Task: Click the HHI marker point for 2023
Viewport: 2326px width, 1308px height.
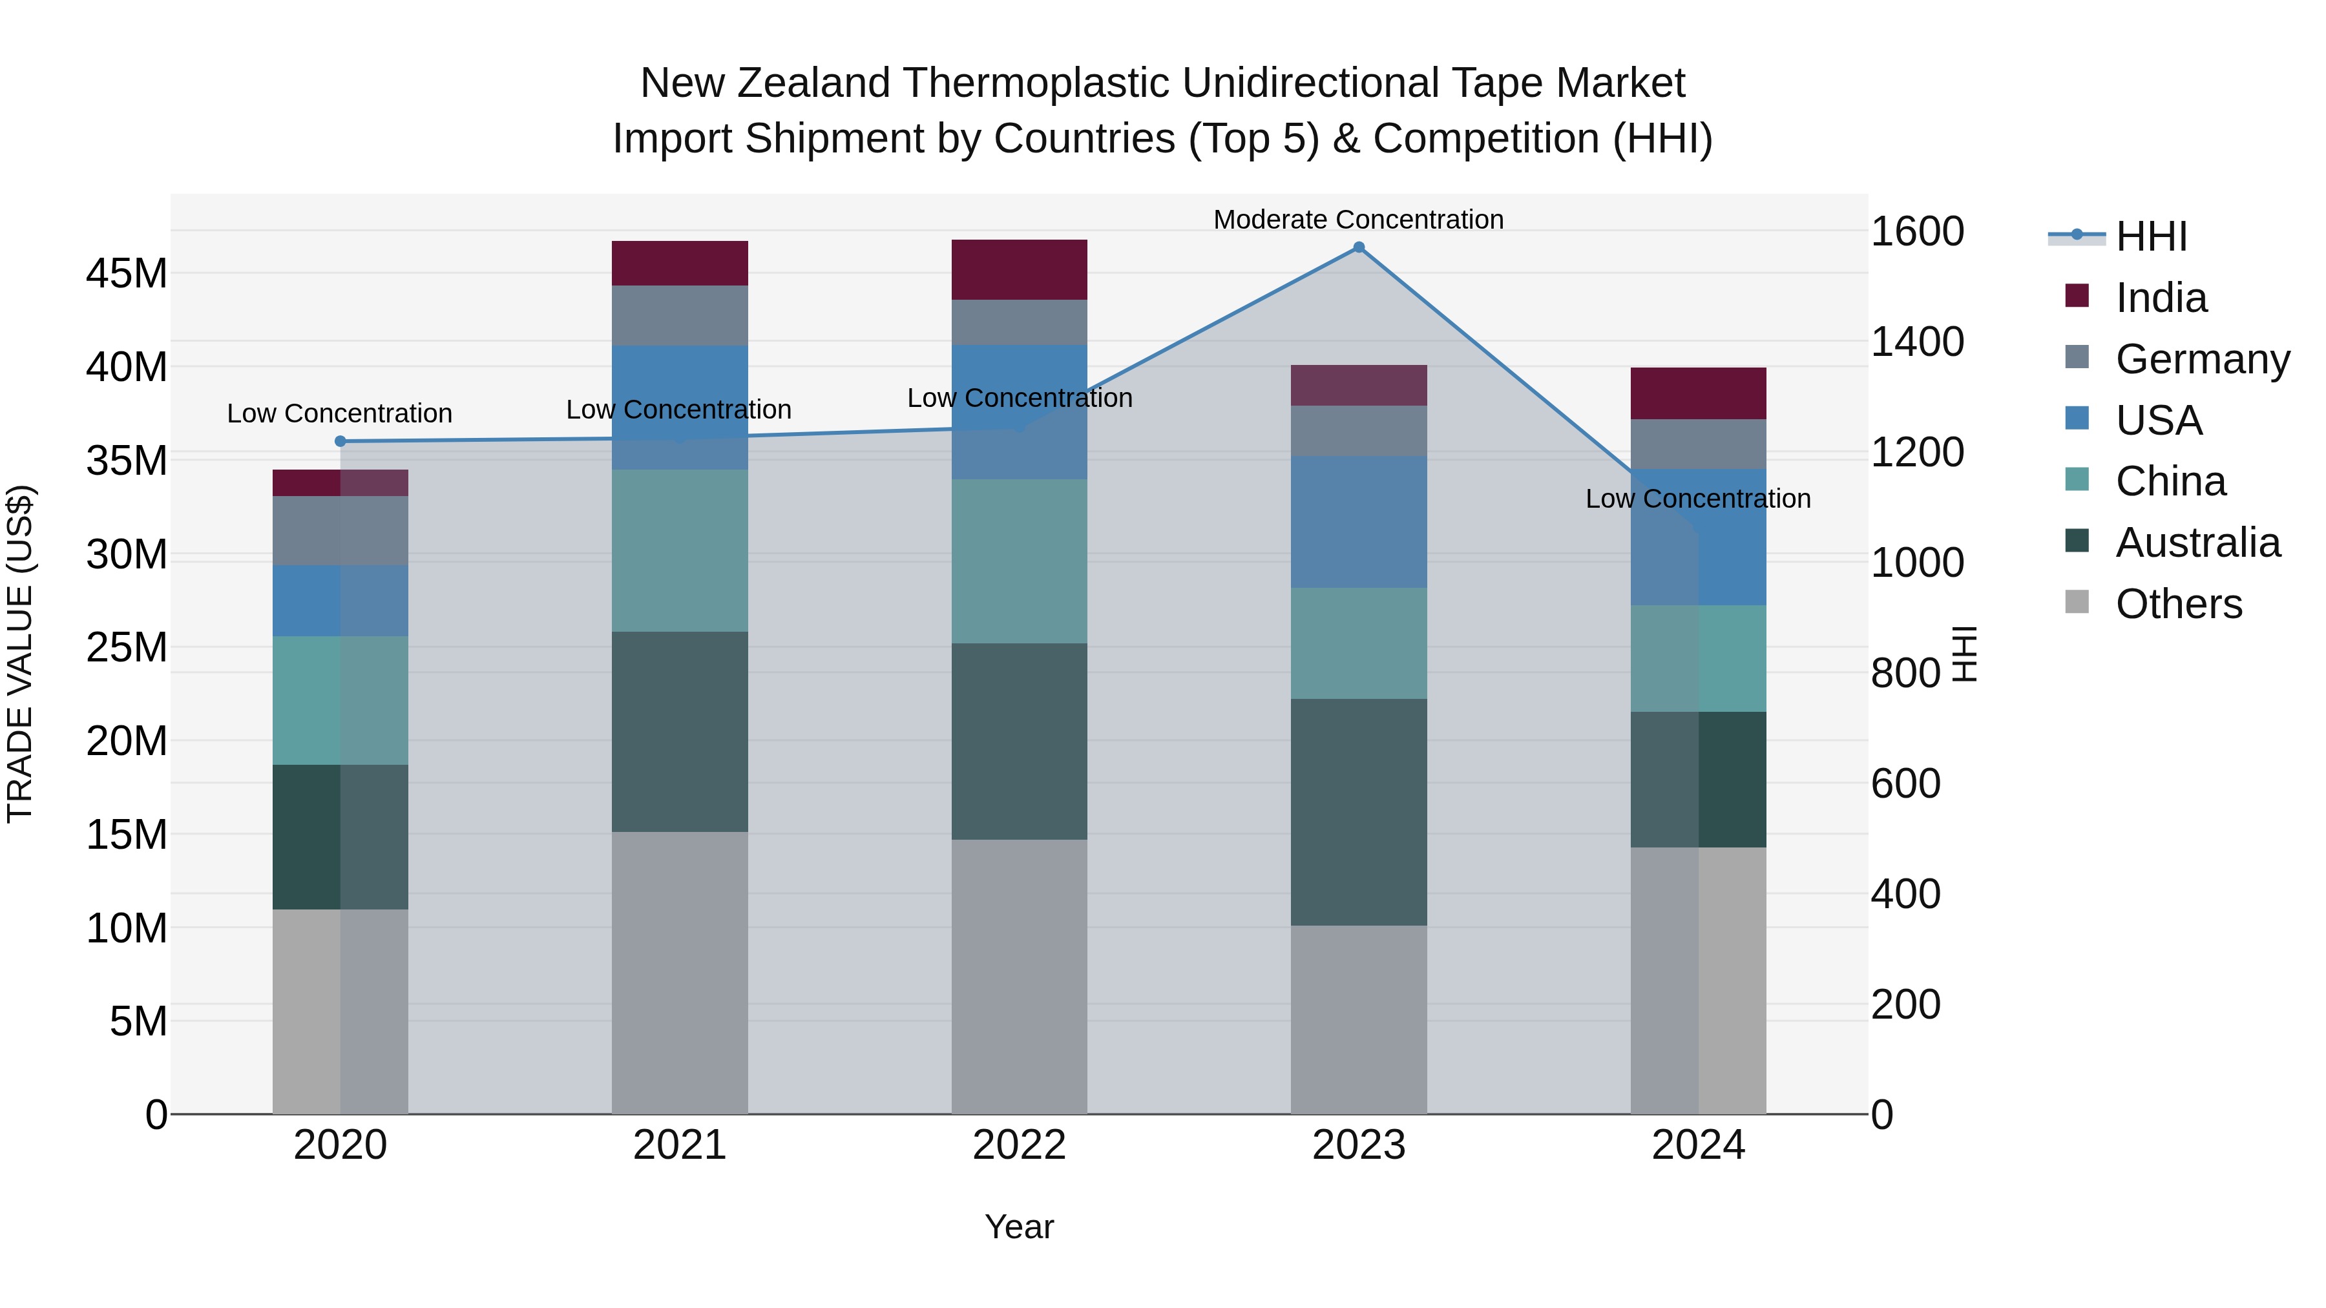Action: (1358, 247)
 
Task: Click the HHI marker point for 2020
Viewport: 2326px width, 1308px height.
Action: (341, 441)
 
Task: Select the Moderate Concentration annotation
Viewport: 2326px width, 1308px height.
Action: (1358, 220)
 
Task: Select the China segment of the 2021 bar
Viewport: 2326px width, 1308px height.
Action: (679, 550)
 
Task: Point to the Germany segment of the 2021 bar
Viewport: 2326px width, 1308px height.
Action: (679, 315)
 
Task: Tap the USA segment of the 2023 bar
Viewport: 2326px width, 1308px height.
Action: (1358, 522)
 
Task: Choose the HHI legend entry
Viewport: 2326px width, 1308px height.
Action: (2151, 236)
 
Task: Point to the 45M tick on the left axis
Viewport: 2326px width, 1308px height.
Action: (127, 273)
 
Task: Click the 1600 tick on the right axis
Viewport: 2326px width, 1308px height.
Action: (1916, 231)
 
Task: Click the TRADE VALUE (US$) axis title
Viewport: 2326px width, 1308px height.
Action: (20, 654)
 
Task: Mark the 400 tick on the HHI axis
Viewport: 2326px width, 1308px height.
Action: (1905, 894)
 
